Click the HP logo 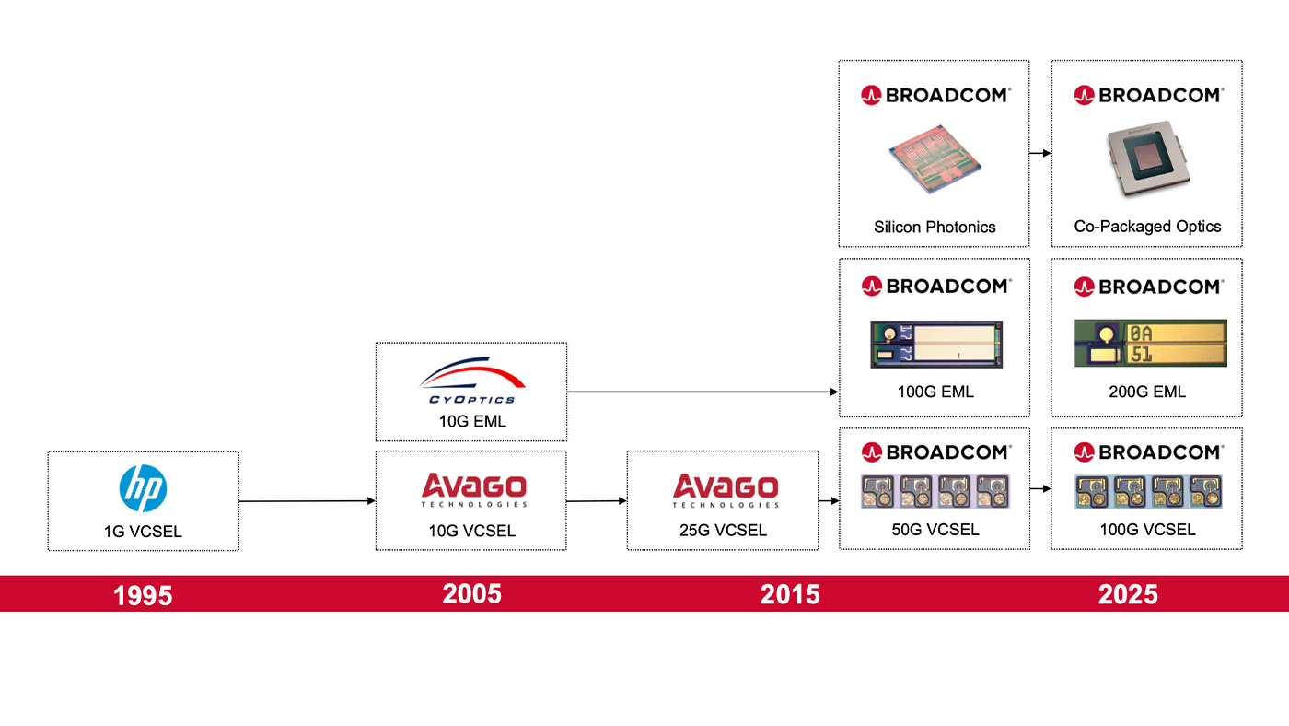click(144, 488)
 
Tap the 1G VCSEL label click(143, 532)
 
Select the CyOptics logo click(471, 381)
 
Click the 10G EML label click(472, 421)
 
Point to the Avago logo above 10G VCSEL click(473, 490)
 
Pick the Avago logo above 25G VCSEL click(726, 490)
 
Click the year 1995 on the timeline click(143, 595)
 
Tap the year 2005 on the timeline click(471, 594)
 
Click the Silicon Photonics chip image click(935, 159)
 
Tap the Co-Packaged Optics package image click(1148, 159)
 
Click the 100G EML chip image click(936, 345)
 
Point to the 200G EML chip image click(1150, 343)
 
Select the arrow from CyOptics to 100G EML click(703, 392)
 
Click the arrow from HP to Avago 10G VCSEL click(308, 501)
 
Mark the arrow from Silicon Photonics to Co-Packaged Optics click(1040, 153)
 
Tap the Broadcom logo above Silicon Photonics click(935, 95)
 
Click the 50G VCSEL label click(935, 530)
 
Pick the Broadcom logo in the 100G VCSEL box click(1149, 452)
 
